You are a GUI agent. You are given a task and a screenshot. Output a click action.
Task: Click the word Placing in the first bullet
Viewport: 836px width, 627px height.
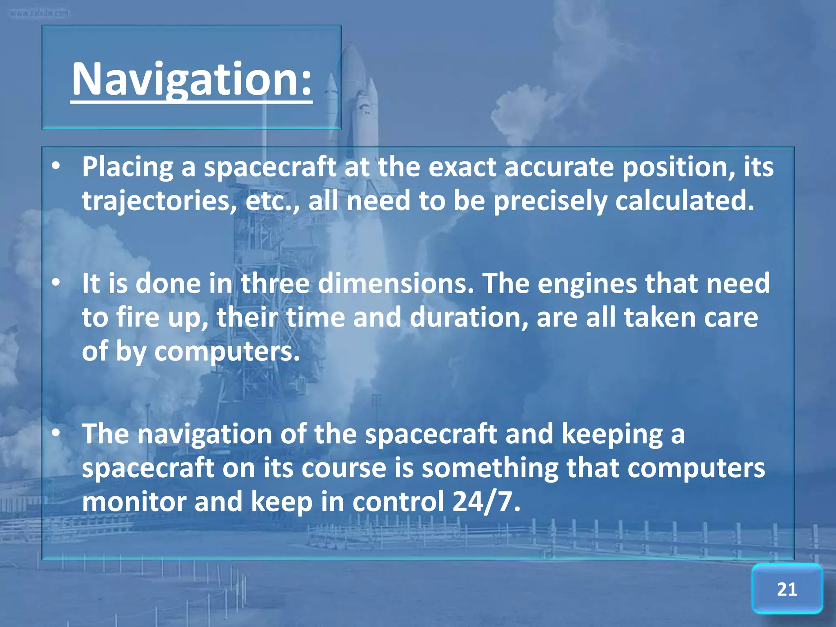127,168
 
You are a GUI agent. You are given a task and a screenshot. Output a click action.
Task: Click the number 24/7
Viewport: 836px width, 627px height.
486,501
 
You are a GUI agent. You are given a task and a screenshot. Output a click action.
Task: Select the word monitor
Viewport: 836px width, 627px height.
134,501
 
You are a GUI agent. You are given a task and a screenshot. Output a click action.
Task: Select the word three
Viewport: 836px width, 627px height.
275,283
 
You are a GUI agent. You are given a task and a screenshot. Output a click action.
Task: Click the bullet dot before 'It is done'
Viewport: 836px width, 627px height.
56,282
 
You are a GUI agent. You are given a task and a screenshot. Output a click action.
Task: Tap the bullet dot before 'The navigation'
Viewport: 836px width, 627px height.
56,432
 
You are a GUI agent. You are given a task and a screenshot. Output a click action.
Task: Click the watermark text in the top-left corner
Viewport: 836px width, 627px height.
40,13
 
